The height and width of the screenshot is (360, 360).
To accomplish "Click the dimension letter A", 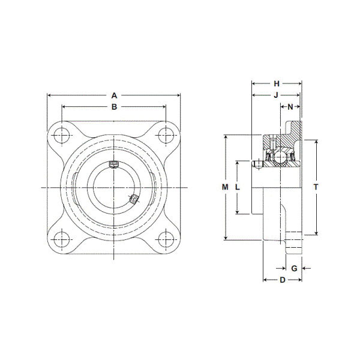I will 114,94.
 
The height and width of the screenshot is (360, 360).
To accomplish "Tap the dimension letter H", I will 277,83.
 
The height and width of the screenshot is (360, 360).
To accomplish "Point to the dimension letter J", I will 276,95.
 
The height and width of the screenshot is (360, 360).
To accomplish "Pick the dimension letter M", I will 225,187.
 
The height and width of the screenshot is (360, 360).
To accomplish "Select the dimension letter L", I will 238,187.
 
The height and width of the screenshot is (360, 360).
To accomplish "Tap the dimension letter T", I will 316,187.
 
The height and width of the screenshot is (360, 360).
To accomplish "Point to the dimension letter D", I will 282,280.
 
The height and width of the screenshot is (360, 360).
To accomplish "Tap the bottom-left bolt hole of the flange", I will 62,240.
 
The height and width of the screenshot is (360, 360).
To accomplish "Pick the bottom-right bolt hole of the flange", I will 166,240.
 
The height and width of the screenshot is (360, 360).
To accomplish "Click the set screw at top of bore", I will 113,166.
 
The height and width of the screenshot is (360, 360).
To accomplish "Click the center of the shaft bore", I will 113,188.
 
